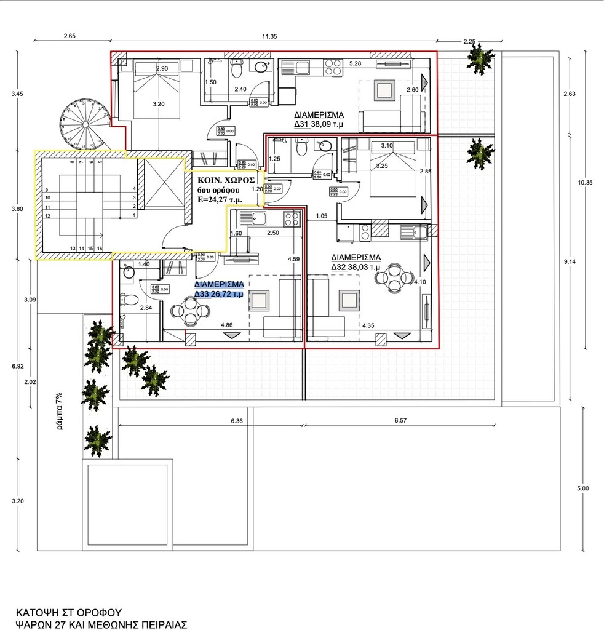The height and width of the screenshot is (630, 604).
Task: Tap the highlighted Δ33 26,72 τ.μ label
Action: click(219, 289)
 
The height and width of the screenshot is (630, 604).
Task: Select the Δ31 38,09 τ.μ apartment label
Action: click(318, 119)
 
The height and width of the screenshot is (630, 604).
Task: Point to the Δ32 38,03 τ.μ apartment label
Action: click(356, 262)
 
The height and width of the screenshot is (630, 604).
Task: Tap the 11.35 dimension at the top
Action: click(269, 36)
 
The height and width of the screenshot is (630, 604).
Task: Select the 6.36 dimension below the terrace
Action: click(237, 421)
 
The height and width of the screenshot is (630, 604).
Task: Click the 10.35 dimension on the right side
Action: click(584, 183)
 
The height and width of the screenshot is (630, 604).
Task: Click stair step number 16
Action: click(100, 248)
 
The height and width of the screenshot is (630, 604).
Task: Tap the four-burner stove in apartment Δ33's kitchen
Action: click(291, 218)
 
